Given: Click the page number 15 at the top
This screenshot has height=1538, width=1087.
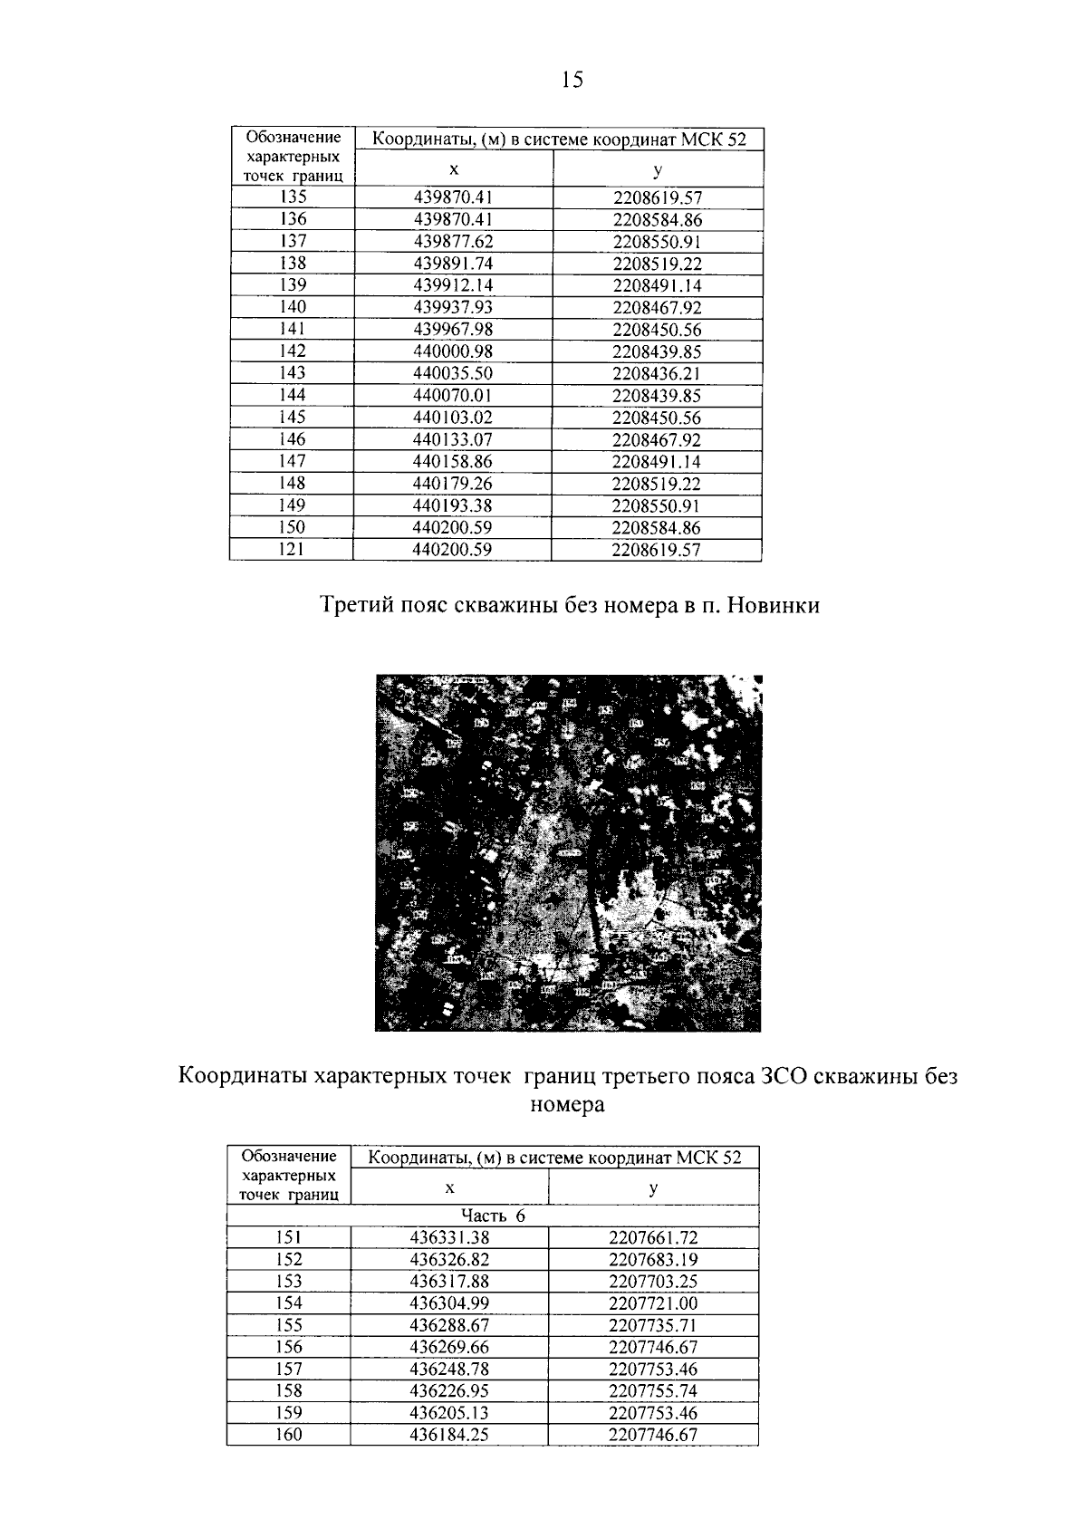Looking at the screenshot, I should (572, 81).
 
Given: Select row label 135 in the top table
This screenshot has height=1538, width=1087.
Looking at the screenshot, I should (293, 197).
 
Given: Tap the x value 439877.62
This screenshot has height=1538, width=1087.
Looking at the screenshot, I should (453, 242).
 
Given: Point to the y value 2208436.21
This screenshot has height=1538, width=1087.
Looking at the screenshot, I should (657, 374).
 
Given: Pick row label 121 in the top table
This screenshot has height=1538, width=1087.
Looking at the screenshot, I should (293, 550).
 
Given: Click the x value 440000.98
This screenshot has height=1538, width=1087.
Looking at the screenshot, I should (453, 352).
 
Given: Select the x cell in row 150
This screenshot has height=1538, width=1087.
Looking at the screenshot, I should (453, 528).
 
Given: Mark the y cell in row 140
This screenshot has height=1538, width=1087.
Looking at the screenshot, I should (657, 308).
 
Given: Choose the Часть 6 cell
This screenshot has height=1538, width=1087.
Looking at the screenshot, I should (493, 1216).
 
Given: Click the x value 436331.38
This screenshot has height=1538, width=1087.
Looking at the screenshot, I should (449, 1238).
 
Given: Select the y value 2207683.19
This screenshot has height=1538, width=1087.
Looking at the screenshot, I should (653, 1260).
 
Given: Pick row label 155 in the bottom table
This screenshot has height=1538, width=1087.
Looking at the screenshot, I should (288, 1326).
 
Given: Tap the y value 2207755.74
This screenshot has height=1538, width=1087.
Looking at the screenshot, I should (653, 1391).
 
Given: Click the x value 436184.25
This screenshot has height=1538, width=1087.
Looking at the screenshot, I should (449, 1436).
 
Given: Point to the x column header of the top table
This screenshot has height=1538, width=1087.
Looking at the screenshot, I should (454, 169).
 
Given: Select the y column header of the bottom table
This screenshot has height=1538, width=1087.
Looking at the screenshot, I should (653, 1188).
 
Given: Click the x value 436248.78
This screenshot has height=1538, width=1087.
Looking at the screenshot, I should (449, 1370).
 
